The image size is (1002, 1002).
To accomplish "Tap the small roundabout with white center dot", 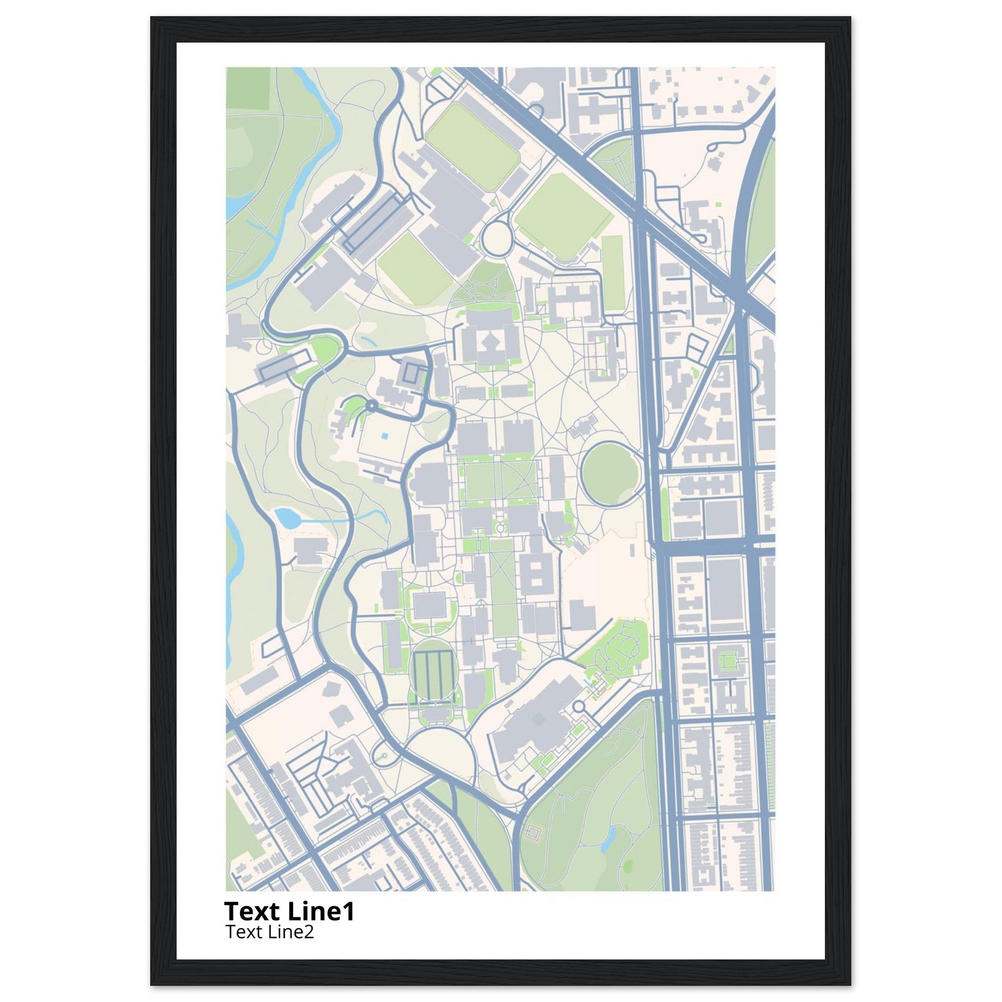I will [371, 406].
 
